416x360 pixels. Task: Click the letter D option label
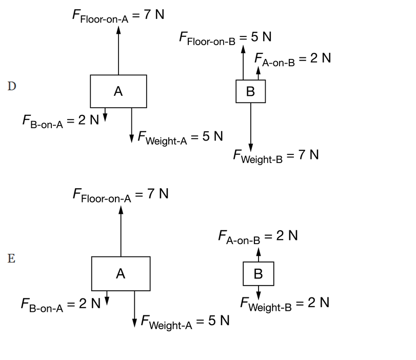[12, 86]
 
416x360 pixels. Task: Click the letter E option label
[11, 258]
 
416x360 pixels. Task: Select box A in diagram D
[118, 91]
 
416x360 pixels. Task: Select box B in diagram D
[251, 91]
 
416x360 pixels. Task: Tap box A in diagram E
[121, 273]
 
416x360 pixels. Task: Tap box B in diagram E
[259, 274]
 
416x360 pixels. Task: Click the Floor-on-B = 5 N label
[225, 38]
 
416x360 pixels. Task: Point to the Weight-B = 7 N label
[276, 156]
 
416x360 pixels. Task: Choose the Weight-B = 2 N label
[285, 304]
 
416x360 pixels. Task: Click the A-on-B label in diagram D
[292, 59]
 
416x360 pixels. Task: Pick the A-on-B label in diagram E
[258, 237]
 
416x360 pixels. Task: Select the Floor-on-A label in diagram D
[118, 16]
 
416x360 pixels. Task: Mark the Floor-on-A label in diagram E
[121, 195]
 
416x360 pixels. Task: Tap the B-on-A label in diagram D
[61, 122]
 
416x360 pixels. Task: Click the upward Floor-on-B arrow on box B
[243, 63]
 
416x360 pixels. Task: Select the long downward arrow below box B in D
[251, 127]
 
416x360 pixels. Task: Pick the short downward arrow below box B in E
[259, 293]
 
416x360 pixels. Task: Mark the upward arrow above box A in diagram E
[121, 231]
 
